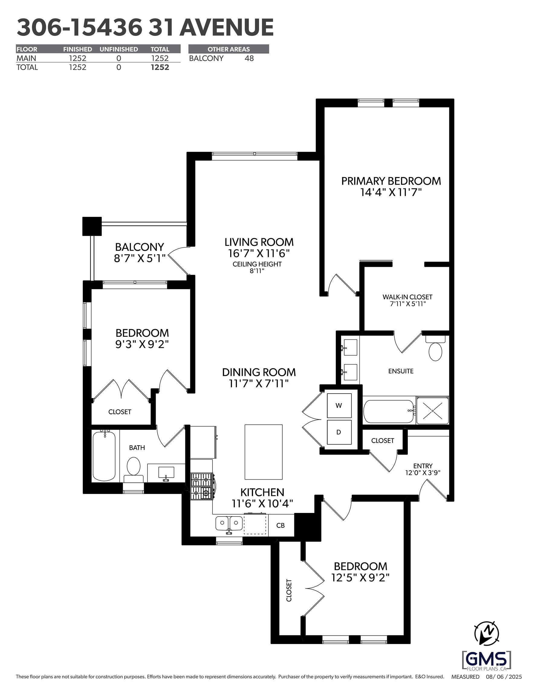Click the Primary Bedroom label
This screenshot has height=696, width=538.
pos(391,181)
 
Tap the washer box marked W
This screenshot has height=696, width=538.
pos(339,405)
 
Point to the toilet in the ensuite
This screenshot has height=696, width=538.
pos(435,348)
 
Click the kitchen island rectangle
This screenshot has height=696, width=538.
pos(264,452)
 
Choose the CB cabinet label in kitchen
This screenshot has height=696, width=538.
pos(280,525)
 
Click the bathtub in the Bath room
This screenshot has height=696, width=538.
pos(104,456)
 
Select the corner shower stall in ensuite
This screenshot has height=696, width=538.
pos(433,410)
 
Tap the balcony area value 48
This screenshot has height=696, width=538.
pos(249,58)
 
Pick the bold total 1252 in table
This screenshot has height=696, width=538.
pos(160,67)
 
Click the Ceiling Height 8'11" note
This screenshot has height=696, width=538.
pos(257,267)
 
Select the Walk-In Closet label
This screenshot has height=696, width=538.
pos(407,300)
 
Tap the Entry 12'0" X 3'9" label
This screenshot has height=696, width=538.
pos(423,469)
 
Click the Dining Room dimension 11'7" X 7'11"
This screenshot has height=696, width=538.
pos(259,383)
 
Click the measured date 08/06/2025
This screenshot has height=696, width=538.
pos(504,677)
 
